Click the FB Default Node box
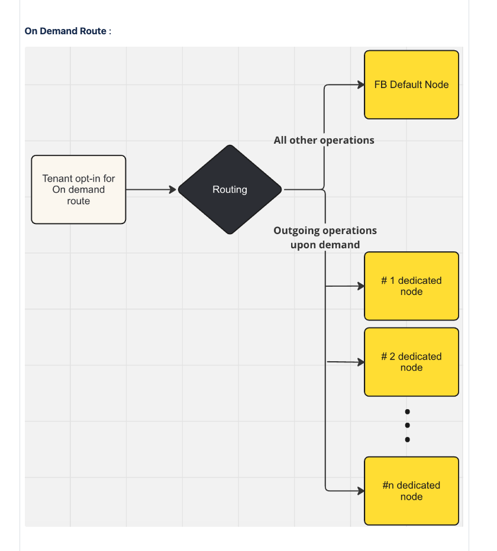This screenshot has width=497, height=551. pos(412,85)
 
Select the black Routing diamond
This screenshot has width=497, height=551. pos(230,189)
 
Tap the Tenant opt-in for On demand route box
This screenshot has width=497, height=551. pos(79,189)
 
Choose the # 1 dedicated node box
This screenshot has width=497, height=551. pos(412,286)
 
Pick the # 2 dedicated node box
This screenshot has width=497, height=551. pos(412,362)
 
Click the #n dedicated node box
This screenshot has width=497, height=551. pos(412,491)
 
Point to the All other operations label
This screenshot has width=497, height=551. pos(324,140)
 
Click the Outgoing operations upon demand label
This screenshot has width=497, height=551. pos(325,238)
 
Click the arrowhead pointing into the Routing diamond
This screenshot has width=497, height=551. pos(173,190)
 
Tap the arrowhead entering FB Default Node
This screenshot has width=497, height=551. pos(361,85)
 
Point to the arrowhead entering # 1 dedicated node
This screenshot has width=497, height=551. pos(361,286)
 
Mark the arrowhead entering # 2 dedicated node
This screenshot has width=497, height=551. pos(361,362)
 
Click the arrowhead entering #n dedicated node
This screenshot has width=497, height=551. pos(361,491)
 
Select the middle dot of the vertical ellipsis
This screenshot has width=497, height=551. pos(407,425)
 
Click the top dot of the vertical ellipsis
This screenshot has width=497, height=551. pos(407,411)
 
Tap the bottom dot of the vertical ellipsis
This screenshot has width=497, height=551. pos(407,439)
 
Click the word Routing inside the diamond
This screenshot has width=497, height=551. pos(230,190)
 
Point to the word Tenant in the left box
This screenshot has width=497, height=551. pos(55,179)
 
